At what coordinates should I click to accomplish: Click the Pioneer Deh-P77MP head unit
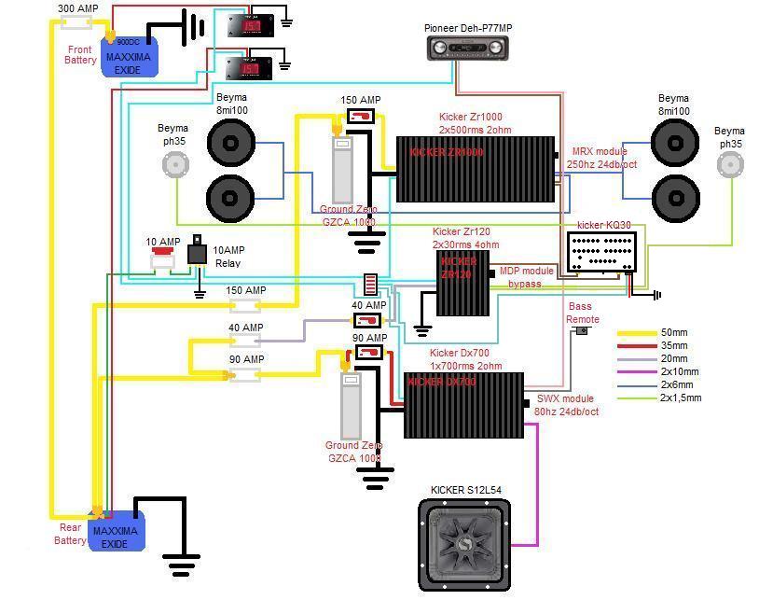click(469, 48)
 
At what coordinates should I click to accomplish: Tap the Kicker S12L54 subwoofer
click(464, 545)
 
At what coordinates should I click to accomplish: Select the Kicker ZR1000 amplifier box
click(476, 169)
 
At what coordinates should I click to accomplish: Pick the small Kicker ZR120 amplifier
click(463, 283)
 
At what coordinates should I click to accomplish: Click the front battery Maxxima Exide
click(130, 56)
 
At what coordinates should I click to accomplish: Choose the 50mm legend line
click(638, 333)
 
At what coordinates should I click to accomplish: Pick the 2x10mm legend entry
click(679, 372)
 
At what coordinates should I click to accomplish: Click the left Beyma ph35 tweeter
click(173, 164)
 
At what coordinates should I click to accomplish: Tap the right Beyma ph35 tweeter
click(729, 164)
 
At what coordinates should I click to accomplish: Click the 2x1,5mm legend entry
click(680, 398)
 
